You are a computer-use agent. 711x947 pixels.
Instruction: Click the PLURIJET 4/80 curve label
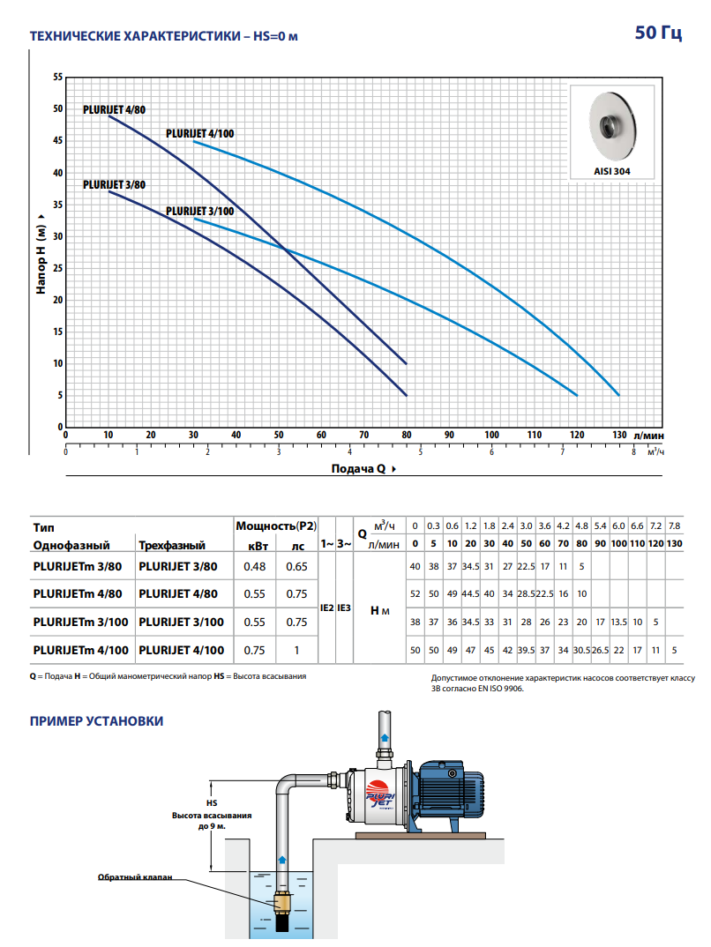(x=114, y=110)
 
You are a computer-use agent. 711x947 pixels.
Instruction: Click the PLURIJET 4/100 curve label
(x=200, y=133)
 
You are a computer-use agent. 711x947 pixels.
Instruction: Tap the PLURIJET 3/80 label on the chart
(x=114, y=185)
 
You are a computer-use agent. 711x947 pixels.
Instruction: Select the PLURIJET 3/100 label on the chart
(x=200, y=212)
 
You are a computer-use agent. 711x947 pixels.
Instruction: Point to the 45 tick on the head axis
(x=58, y=141)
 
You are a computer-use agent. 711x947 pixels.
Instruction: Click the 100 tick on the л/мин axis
(x=491, y=435)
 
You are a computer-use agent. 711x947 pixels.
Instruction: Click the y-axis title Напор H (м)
(x=41, y=254)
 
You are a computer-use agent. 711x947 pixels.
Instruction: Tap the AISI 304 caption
(x=612, y=172)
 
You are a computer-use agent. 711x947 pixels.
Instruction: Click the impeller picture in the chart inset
(x=612, y=126)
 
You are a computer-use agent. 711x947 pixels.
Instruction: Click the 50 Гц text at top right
(x=658, y=32)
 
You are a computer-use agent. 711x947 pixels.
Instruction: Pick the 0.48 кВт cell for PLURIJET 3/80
(x=254, y=566)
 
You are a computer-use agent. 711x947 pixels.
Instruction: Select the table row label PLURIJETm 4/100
(x=81, y=651)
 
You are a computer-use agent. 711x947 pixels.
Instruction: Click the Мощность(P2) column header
(x=276, y=526)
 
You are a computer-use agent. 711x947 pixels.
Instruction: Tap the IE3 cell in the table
(x=344, y=608)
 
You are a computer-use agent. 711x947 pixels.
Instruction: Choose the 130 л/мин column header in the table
(x=674, y=543)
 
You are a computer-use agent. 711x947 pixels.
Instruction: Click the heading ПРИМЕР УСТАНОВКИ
(x=97, y=721)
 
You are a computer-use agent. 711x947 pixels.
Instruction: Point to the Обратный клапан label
(x=135, y=877)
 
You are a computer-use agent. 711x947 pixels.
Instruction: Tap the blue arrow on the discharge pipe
(x=385, y=737)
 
